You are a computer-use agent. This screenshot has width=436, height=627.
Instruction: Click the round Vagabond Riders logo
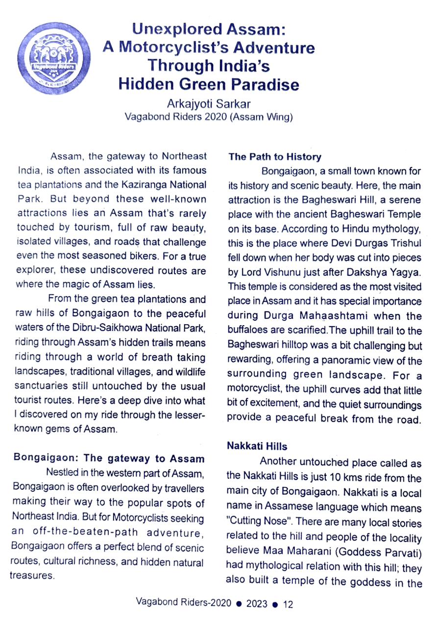53,58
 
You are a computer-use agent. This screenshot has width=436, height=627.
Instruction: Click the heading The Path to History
275,157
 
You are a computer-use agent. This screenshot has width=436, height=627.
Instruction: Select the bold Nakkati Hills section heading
257,446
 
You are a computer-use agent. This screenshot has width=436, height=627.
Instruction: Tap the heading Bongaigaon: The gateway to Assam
109,459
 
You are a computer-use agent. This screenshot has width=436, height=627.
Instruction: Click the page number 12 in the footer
288,604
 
